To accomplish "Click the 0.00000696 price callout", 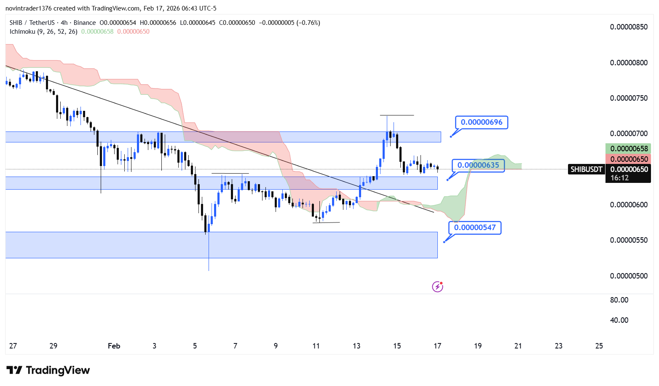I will [481, 122].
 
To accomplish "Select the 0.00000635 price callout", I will [478, 165].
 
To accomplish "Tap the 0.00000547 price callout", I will [475, 228].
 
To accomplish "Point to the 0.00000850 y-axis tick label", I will [629, 27].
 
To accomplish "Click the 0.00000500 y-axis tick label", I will [629, 276].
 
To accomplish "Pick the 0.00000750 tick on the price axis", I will [629, 98].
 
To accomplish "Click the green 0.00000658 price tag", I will [629, 149].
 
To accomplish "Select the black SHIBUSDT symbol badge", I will [586, 169].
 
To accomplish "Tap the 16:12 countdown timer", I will [619, 178].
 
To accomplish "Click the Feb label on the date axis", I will [114, 346].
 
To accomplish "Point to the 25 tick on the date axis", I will [599, 346].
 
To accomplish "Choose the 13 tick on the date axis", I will [356, 346].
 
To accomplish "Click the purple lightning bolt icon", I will [437, 287].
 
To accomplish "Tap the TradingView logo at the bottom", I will [48, 370].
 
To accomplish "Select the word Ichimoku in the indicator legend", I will [22, 32].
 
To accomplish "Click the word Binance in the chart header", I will [85, 23].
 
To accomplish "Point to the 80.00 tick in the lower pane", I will [619, 300].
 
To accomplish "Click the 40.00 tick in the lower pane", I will [619, 320].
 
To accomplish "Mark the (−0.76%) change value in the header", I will [309, 23].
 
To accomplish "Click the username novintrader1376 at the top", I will [28, 8].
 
